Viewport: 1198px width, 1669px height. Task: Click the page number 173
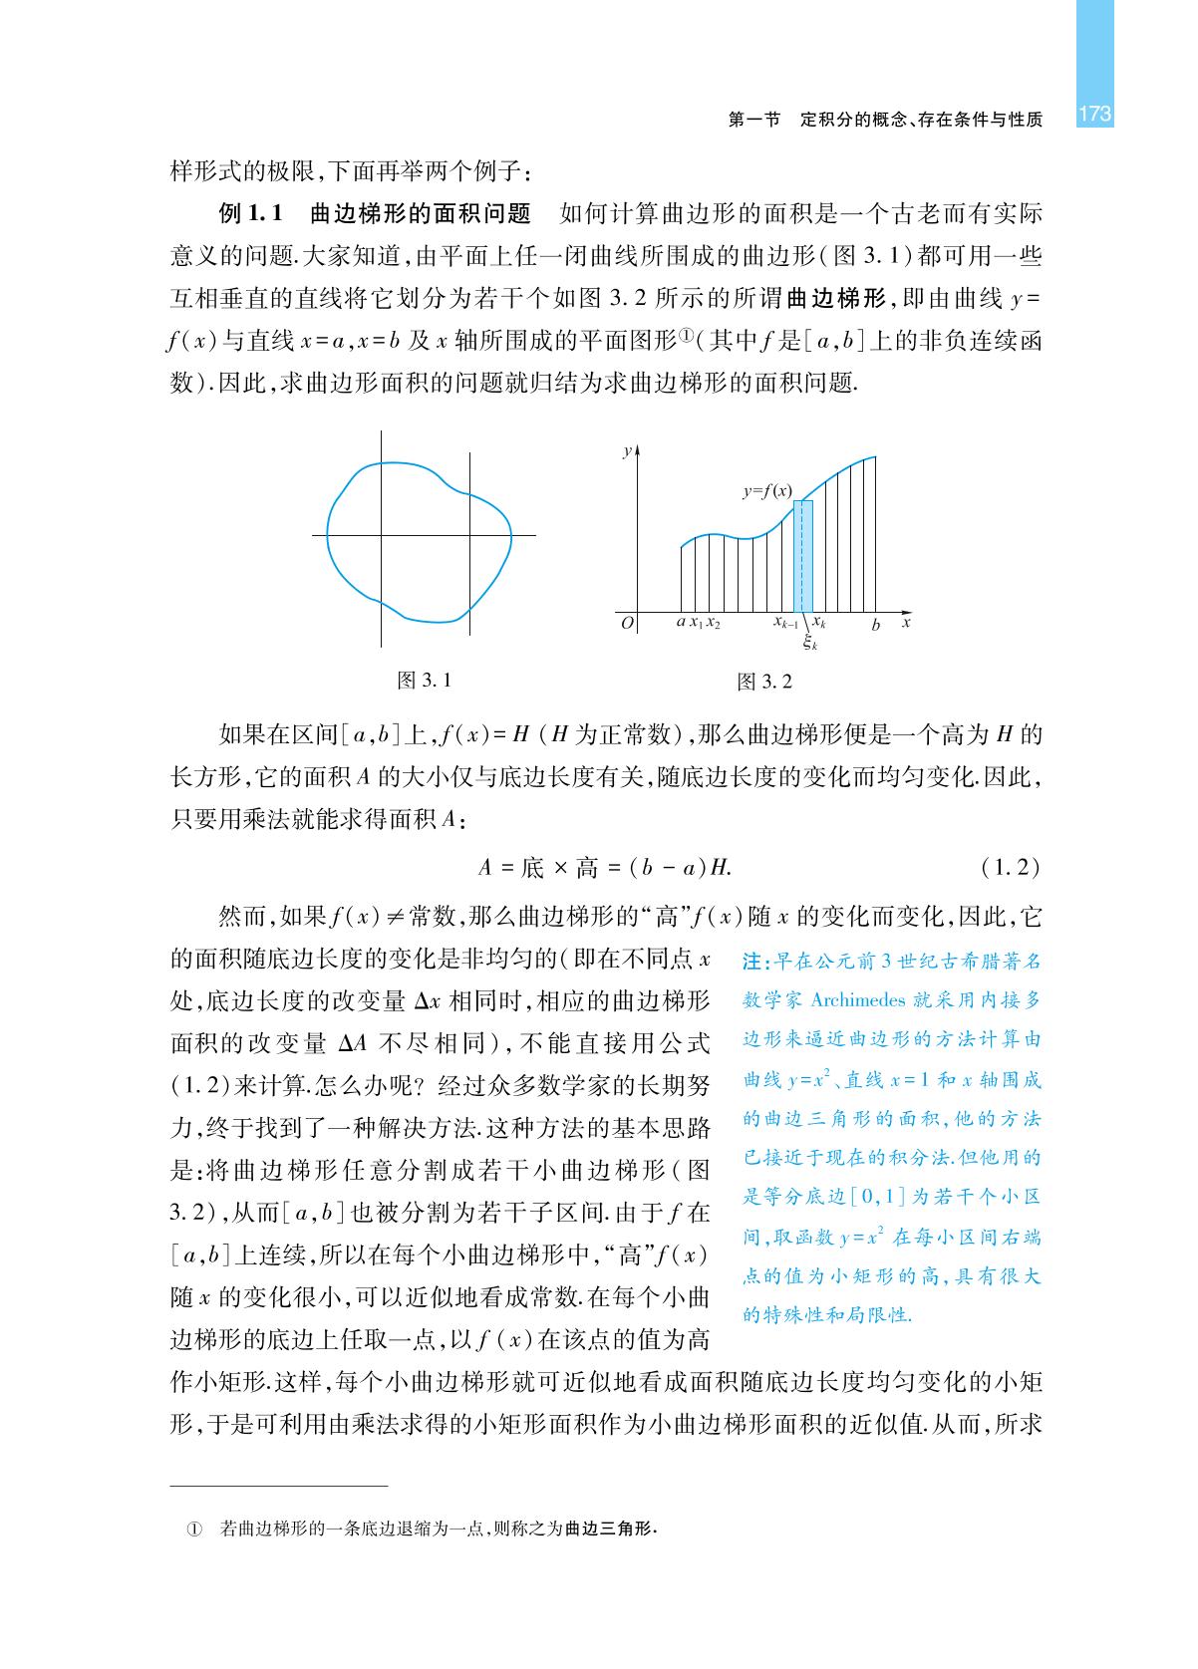(x=1093, y=115)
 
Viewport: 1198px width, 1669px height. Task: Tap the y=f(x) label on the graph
(x=767, y=491)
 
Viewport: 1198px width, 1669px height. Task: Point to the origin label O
(x=627, y=624)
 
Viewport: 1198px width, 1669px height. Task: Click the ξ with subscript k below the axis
(x=811, y=644)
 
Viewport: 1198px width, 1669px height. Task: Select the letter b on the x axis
(x=875, y=625)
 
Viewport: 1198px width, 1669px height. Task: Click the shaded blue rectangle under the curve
(x=802, y=558)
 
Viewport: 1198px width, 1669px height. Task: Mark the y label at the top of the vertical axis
(x=626, y=451)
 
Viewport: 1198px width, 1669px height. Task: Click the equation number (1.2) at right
(x=1010, y=868)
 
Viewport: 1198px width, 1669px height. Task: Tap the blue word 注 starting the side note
(x=753, y=963)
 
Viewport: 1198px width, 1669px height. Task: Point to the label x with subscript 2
(x=714, y=625)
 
